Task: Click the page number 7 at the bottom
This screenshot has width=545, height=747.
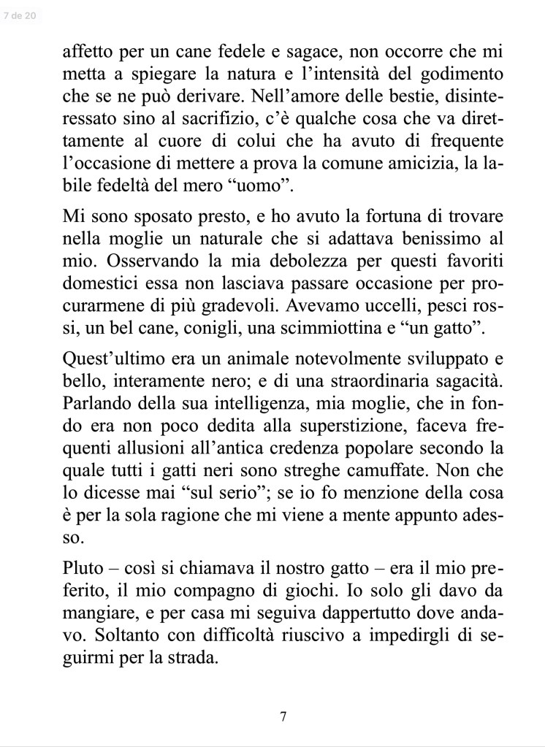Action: click(283, 716)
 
